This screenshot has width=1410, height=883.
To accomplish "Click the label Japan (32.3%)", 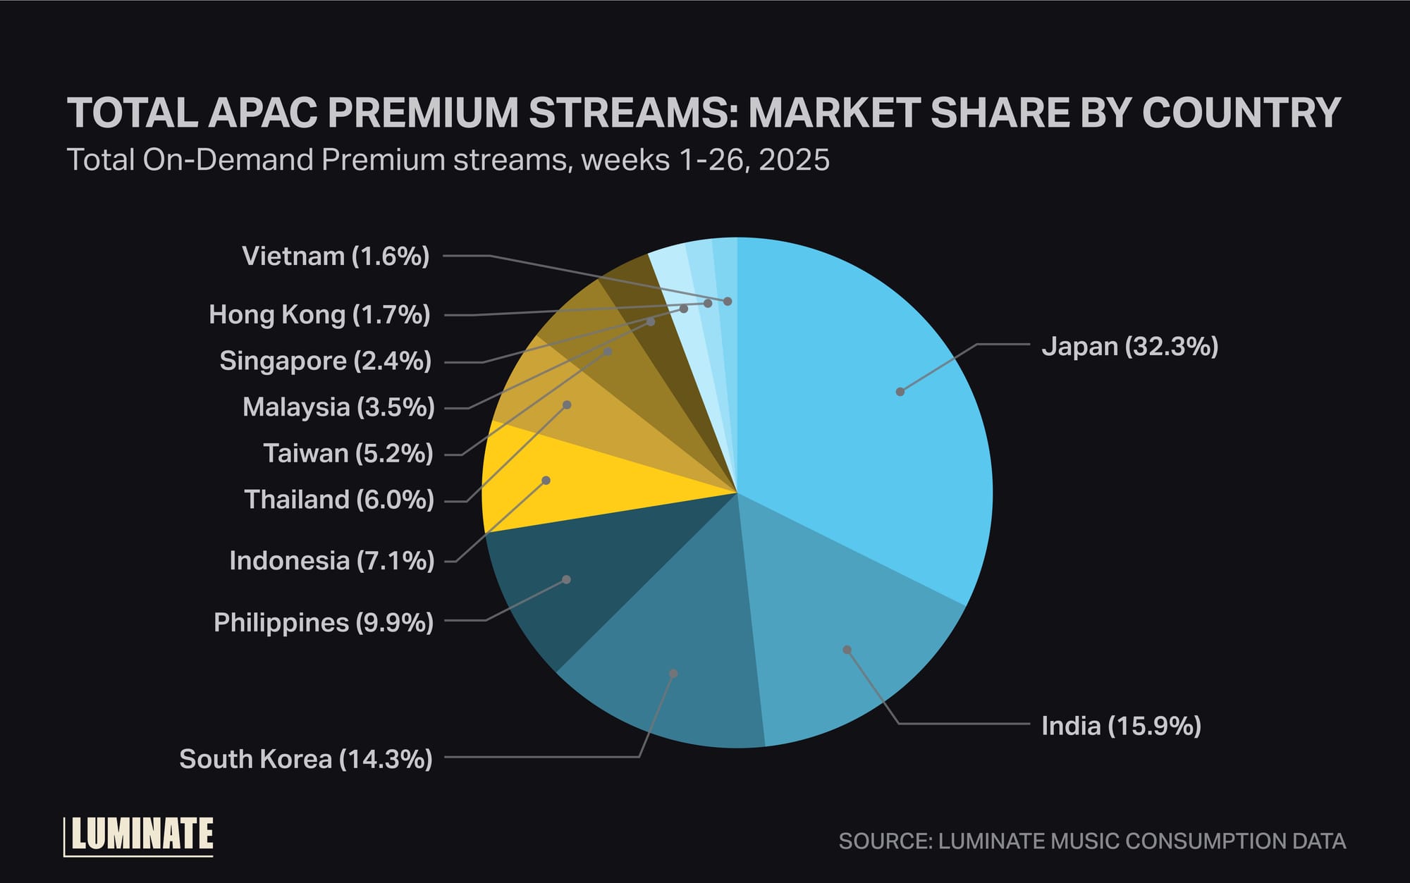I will [x=1129, y=347].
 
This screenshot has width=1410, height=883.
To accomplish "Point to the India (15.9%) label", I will [x=1121, y=725].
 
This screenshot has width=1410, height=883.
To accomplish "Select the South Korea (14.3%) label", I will [x=305, y=759].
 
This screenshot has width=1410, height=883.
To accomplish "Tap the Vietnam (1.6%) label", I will [x=336, y=256].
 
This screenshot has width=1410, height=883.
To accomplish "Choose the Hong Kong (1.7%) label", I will [x=319, y=314].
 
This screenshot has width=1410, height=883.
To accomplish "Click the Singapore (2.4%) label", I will [x=325, y=361].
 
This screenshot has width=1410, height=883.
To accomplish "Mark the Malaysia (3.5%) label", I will [x=338, y=407].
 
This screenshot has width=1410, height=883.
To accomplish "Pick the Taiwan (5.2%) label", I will [x=348, y=453].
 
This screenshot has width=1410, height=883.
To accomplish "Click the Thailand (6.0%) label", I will [x=339, y=500].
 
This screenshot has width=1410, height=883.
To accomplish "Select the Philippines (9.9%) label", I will [x=324, y=623].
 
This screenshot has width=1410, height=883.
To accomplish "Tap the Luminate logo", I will [x=140, y=836].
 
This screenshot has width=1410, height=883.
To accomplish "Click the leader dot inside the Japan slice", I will [x=900, y=392].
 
